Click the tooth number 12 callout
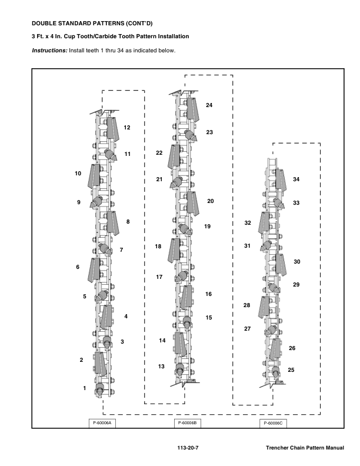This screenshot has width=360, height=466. coord(126,127)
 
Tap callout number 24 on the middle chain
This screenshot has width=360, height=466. coord(209,105)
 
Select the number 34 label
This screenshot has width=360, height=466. coord(296,179)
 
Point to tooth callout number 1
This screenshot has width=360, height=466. coord(85,388)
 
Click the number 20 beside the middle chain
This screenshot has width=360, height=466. coord(210,201)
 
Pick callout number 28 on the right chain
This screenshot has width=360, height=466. coord(247,305)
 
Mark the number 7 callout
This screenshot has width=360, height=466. coord(121,250)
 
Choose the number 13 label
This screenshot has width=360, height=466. coord(161,367)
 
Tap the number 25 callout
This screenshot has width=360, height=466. coord(291,370)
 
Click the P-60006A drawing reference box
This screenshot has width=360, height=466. coord(102,422)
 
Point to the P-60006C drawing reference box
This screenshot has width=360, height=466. coord(273,422)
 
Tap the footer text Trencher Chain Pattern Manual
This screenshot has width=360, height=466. coord(304,448)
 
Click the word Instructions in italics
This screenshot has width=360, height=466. coord(49,51)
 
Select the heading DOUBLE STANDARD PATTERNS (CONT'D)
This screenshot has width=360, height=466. coord(86,24)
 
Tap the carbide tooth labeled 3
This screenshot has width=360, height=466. coord(107,341)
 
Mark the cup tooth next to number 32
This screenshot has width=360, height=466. coord(265,224)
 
